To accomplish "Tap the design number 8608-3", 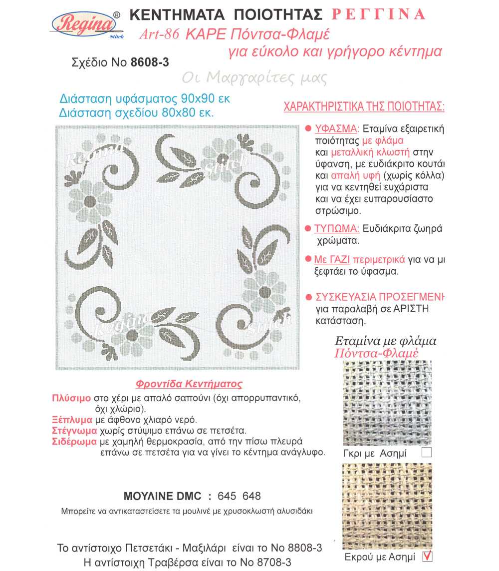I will click(x=149, y=62).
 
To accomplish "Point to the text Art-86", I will click(x=160, y=35).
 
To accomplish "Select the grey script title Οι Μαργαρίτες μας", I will click(x=254, y=77).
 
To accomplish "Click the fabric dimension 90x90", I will click(x=204, y=97).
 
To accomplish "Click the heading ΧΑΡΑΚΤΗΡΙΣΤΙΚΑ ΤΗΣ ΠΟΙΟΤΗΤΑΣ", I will click(x=364, y=107).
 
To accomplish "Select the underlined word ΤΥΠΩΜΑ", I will click(x=336, y=229).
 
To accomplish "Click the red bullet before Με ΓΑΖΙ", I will click(x=308, y=260).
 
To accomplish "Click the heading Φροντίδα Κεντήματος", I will click(x=189, y=384).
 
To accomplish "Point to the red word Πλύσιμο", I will click(x=71, y=399).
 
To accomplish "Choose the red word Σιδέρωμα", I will click(x=74, y=442).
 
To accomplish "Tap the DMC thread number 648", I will click(x=251, y=496).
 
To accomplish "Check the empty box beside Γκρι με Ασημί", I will click(x=426, y=453).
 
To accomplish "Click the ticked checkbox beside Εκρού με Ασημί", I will click(x=427, y=556).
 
